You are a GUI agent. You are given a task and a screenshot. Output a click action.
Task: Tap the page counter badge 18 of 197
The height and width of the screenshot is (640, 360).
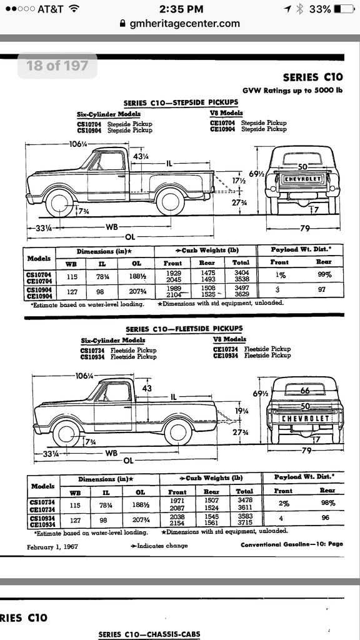click(57, 65)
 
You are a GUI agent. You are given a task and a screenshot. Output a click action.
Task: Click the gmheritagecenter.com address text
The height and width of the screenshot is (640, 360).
click(185, 24)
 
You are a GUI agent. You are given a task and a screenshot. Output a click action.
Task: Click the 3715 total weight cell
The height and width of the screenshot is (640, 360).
click(244, 522)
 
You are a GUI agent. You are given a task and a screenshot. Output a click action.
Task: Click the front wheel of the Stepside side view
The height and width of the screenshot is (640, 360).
click(59, 202)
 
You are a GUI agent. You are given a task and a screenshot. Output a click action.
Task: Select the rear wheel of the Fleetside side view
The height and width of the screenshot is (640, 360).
click(177, 431)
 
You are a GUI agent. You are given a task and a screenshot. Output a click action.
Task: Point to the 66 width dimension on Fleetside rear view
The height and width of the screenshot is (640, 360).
click(304, 391)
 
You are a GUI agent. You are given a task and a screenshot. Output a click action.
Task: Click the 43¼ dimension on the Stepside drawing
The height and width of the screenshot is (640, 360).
click(141, 156)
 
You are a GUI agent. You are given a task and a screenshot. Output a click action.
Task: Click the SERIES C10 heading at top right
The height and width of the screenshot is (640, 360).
click(312, 78)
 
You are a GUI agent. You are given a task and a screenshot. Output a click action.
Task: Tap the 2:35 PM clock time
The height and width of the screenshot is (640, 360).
click(181, 9)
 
